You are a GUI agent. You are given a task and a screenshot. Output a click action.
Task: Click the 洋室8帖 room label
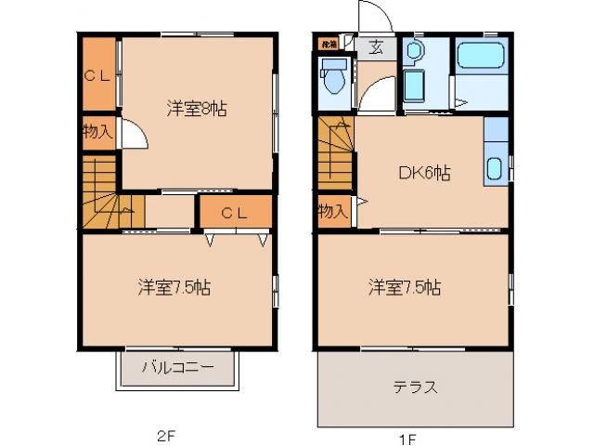click(196, 109)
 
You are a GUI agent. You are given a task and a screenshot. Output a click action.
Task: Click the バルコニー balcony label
click(177, 366)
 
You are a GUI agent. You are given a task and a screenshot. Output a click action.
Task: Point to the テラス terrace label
click(415, 387)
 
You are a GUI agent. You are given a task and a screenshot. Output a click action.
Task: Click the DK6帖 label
click(425, 173)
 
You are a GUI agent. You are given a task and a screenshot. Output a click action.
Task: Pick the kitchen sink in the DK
click(495, 169)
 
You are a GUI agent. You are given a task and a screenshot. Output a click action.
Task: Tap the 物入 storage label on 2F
click(97, 131)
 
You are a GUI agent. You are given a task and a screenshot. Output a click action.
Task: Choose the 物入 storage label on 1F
click(332, 212)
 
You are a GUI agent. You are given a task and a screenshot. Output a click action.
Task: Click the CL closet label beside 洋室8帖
click(97, 77)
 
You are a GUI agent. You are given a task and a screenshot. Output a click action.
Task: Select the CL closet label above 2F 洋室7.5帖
click(235, 212)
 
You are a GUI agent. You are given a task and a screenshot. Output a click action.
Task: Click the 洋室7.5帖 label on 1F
click(404, 287)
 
